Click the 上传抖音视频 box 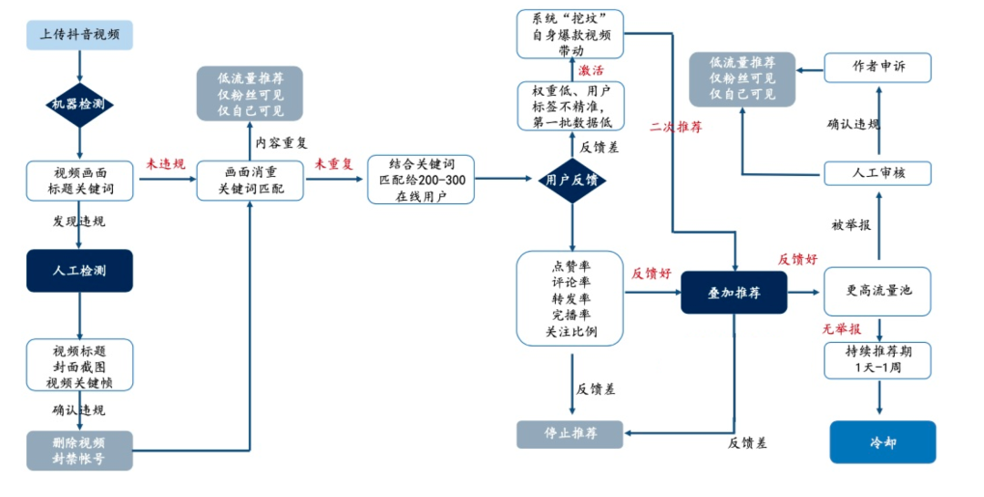click(80, 36)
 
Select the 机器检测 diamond click(80, 104)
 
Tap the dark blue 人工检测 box click(80, 271)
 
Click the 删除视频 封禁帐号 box click(80, 450)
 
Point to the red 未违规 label click(166, 164)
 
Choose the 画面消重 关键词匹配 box click(251, 180)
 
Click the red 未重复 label click(333, 164)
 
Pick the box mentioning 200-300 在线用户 click(422, 180)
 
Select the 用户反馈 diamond click(571, 180)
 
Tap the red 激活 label click(590, 70)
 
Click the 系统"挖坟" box click(571, 35)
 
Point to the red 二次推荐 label click(675, 127)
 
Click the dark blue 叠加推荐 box click(734, 293)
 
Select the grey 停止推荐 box click(570, 434)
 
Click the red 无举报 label click(841, 329)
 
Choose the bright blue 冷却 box click(882, 442)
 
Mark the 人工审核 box click(878, 172)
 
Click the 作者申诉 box click(878, 67)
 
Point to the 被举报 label click(850, 224)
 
